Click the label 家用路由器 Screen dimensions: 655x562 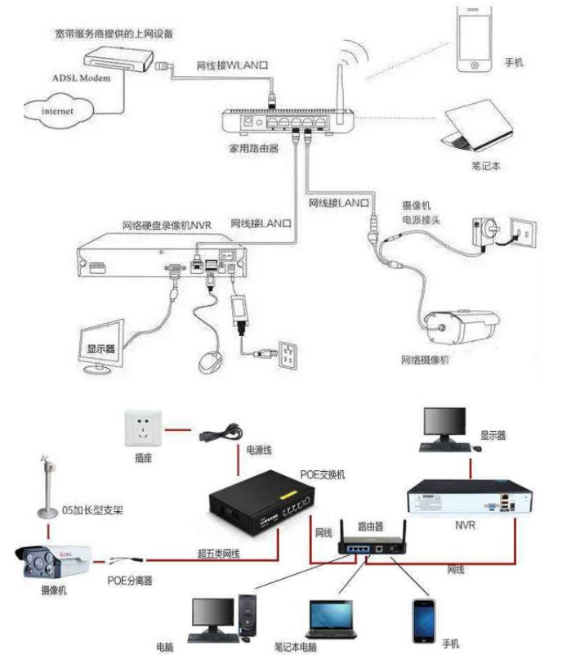pos(254,150)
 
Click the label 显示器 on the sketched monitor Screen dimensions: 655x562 pos(94,348)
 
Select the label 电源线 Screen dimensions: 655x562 pos(261,450)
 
